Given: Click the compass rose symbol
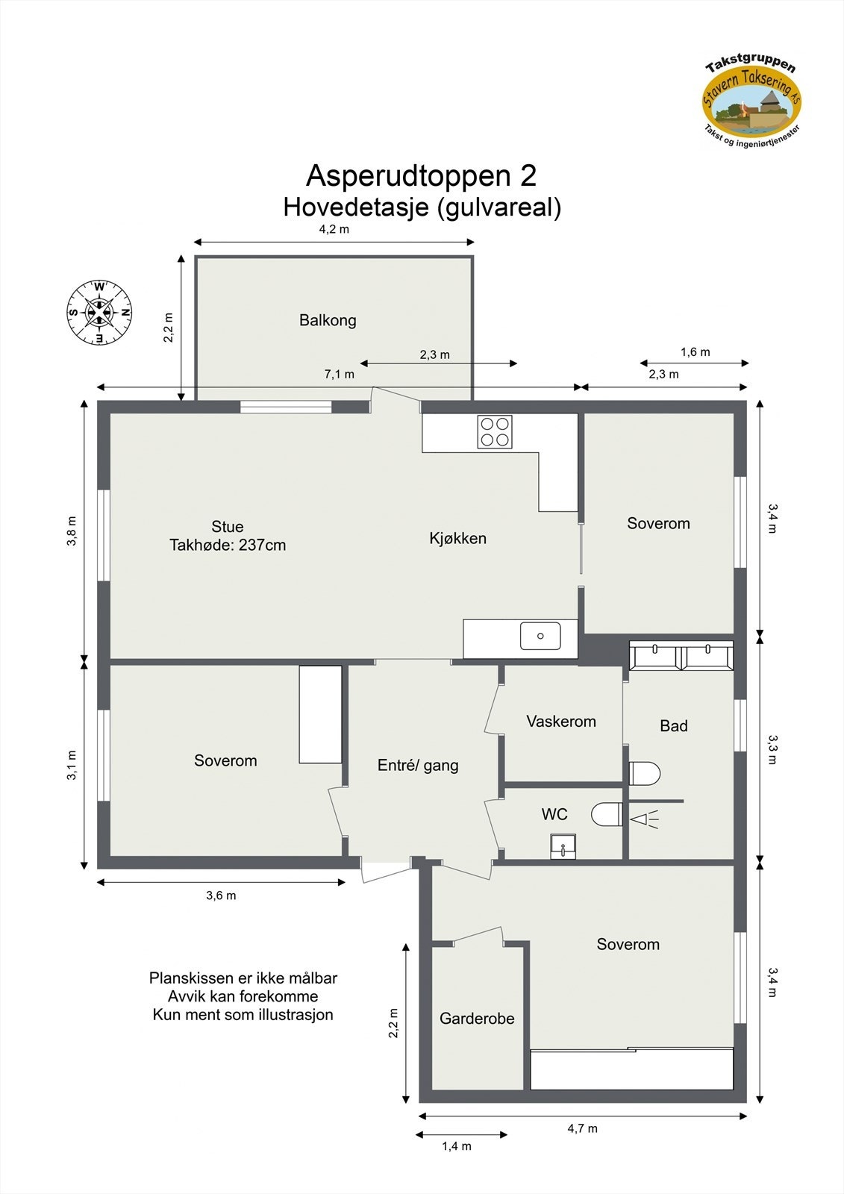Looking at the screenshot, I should coord(99,313).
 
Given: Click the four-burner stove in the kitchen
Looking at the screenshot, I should coord(496,431).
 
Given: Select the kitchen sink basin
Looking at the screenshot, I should coord(540,637).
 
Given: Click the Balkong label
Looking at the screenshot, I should coord(328,320).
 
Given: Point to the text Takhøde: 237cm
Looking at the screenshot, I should coord(228,546).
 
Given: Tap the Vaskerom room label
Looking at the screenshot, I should coord(561,722).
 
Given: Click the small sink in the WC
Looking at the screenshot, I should coord(562,846).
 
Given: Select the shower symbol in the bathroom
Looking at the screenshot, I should coord(645,819).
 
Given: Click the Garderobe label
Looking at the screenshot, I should coord(477,1019).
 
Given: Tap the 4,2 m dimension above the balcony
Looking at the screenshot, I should coord(334,229).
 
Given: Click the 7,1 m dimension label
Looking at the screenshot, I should coord(339,374).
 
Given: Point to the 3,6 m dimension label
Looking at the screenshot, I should coord(221,895).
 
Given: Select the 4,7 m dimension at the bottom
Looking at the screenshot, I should coord(582,1128).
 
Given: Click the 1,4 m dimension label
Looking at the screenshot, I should coord(456,1146).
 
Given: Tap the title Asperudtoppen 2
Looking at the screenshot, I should coord(421,176).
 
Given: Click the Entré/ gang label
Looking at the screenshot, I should coord(418,765).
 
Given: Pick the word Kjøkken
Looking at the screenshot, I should coord(457,538).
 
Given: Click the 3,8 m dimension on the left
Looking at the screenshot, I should coord(72,531).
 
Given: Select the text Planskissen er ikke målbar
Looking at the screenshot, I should coord(243,978).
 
